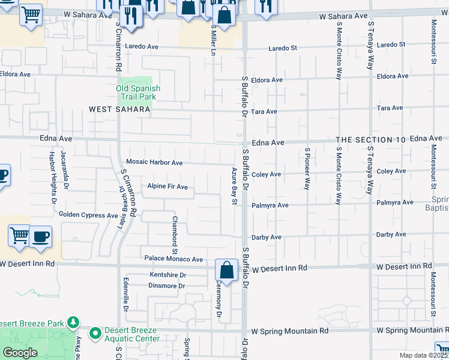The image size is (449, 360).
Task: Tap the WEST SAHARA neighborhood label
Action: click(x=119, y=109)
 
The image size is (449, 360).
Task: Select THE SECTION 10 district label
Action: click(x=371, y=139)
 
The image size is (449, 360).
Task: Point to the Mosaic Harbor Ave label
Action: click(x=154, y=163)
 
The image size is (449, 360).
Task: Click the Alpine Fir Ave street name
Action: click(x=167, y=187)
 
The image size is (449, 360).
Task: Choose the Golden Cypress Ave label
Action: click(x=88, y=215)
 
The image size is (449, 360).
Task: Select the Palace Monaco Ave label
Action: click(x=174, y=259)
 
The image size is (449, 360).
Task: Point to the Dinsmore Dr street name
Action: click(x=166, y=286)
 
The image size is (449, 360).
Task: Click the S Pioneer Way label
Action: click(x=307, y=169)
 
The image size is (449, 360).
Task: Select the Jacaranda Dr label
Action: click(x=63, y=169)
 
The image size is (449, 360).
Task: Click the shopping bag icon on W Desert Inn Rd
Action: click(x=227, y=271)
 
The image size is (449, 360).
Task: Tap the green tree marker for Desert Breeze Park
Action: click(x=73, y=323)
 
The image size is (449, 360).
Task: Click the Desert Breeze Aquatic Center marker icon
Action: click(x=95, y=332)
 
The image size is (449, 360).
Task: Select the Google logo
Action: click(x=20, y=353)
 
